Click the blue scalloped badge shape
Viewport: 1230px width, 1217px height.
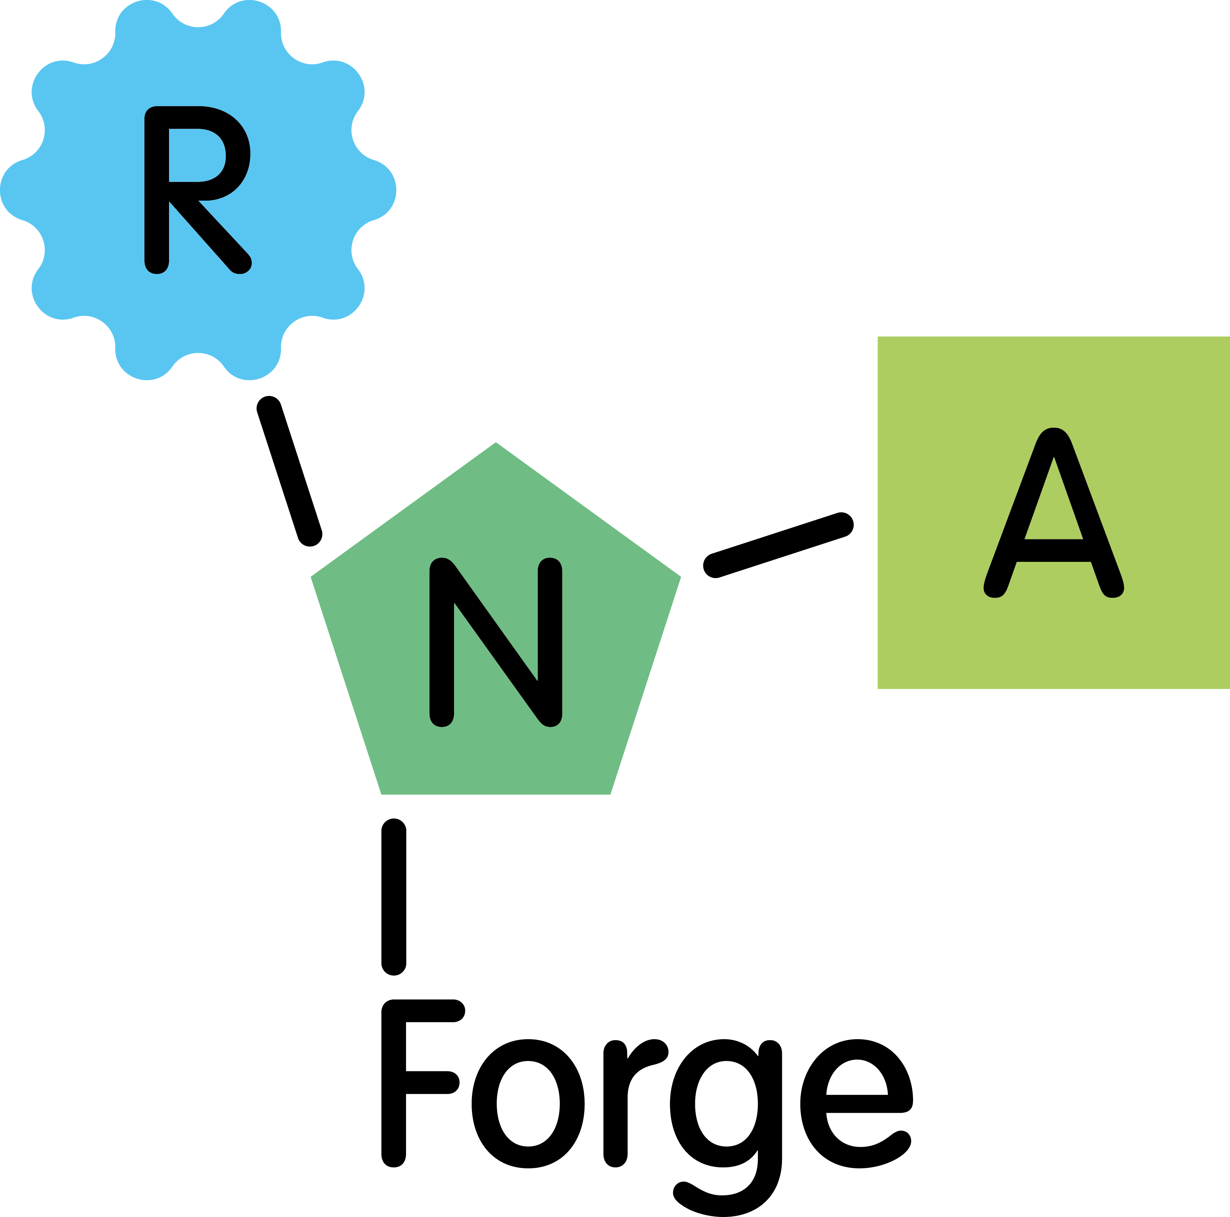pos(198,190)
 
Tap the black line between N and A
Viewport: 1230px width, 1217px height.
pos(778,545)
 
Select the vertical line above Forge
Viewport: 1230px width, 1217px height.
pos(393,897)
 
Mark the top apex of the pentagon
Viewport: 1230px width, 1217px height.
pos(495,442)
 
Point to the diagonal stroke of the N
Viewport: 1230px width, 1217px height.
pos(495,641)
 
